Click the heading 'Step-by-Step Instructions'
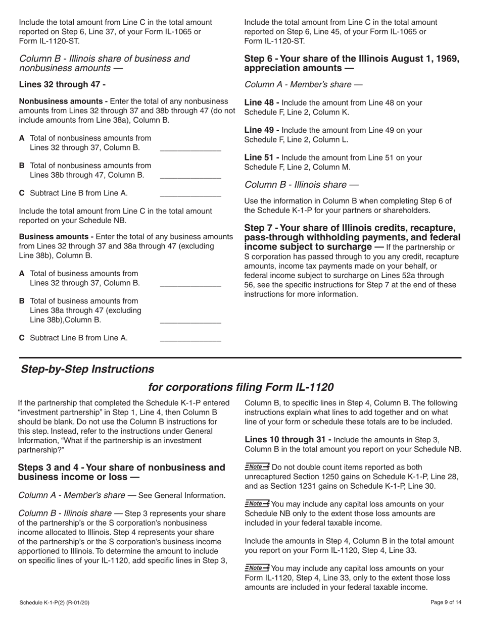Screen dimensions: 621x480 tap(87, 369)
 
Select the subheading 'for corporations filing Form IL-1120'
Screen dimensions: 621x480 tap(241, 387)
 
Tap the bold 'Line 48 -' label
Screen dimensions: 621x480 tap(262, 103)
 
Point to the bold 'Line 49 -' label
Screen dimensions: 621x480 tap(262, 130)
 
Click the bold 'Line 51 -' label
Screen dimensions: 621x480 tap(262, 158)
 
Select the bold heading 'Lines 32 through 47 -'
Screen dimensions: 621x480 tap(62, 85)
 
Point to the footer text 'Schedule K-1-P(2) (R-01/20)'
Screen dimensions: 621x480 tap(55, 602)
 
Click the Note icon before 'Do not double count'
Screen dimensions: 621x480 tap(257, 467)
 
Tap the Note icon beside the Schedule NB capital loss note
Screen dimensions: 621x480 tap(257, 503)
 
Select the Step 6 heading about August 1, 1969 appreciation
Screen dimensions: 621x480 tap(352, 63)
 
